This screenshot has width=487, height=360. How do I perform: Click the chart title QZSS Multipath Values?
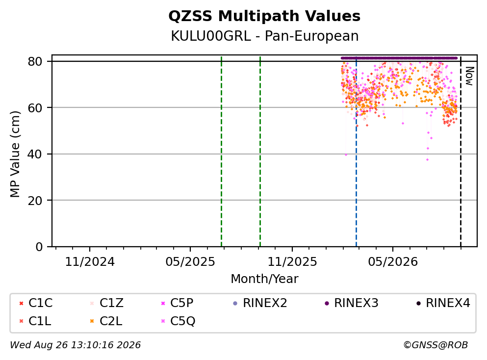[264, 16]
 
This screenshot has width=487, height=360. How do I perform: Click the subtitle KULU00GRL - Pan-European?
[265, 36]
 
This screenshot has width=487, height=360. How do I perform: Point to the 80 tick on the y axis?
[35, 61]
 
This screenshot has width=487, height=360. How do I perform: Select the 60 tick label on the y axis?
[35, 108]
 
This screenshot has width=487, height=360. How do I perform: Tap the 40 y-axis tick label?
[35, 154]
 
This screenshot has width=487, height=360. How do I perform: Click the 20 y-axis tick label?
[35, 200]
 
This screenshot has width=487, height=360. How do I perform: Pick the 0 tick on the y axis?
[39, 247]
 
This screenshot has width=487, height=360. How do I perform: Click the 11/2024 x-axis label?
[90, 262]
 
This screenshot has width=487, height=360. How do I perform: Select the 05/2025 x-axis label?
[190, 262]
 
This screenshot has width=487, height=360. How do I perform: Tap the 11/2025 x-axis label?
[292, 262]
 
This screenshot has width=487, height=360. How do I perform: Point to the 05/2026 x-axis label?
[393, 262]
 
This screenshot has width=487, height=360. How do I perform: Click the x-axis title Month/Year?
[264, 279]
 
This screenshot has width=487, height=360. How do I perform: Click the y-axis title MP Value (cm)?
[15, 154]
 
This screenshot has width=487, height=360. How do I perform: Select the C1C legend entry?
[36, 303]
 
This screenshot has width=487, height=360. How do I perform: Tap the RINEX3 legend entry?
[352, 303]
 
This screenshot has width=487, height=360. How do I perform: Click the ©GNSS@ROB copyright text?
[436, 345]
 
